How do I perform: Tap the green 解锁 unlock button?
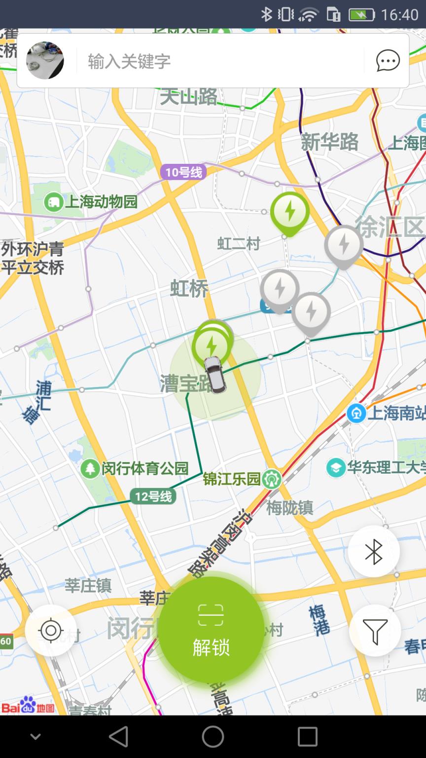(x=211, y=630)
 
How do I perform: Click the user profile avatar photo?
(x=45, y=61)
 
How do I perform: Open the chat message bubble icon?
(x=388, y=61)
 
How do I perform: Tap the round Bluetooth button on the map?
(x=374, y=551)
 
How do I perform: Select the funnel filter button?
(x=375, y=631)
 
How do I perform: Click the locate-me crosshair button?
(x=51, y=631)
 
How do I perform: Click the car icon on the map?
(x=215, y=375)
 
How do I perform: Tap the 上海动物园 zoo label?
(x=101, y=202)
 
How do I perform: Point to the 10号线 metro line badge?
(x=183, y=172)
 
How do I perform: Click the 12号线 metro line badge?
(x=153, y=496)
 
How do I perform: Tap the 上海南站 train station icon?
(x=356, y=413)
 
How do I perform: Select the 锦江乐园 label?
(x=232, y=479)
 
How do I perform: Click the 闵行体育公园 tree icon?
(x=90, y=468)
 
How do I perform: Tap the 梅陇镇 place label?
(x=289, y=507)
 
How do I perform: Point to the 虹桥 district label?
(x=190, y=289)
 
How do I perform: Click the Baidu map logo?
(x=28, y=706)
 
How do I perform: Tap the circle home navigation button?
(x=213, y=737)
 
